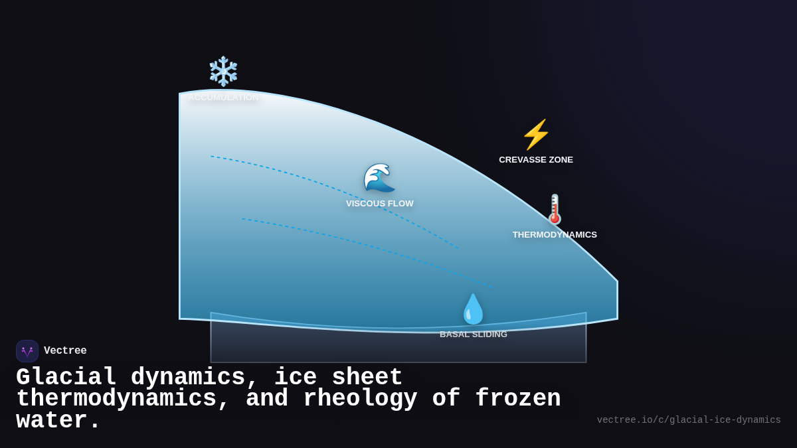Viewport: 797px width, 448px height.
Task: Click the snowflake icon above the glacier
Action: point(223,72)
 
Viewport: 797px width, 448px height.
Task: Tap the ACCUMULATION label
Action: point(223,98)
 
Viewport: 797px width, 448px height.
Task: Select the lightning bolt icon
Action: point(536,135)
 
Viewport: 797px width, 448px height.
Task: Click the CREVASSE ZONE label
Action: point(536,160)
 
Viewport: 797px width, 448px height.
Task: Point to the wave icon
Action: point(379,178)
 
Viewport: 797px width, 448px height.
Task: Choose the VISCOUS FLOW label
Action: point(379,204)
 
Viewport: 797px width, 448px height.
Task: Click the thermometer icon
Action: point(555,209)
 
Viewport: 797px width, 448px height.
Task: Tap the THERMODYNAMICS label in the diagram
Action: point(555,235)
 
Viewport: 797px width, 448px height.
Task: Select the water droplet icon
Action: point(473,309)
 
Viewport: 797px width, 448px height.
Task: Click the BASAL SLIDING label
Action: point(473,335)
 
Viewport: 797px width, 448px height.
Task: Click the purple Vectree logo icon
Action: point(27,351)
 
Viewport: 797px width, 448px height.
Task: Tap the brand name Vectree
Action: point(65,351)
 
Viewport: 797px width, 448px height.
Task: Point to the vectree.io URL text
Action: point(688,420)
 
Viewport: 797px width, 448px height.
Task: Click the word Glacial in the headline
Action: point(66,377)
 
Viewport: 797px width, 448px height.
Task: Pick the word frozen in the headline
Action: point(518,399)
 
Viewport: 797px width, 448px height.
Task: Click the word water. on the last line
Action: point(58,421)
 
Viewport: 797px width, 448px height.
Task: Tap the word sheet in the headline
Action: point(367,377)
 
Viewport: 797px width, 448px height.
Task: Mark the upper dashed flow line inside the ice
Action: point(332,188)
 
